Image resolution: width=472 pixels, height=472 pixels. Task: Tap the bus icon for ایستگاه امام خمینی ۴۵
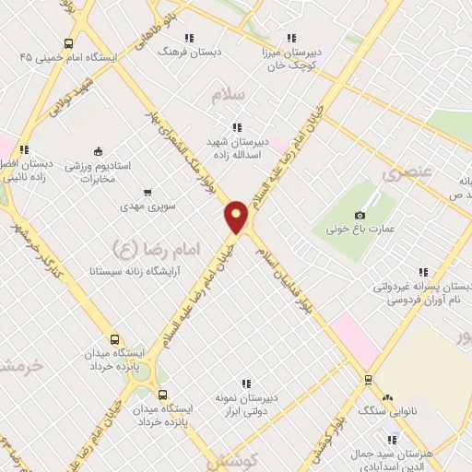[x=69, y=43]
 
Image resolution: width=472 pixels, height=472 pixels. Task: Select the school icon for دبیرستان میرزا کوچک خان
[x=290, y=39]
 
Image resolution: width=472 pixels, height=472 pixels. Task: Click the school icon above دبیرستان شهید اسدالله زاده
[x=237, y=127]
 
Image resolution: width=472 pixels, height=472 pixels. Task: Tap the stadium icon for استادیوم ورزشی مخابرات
[x=99, y=151]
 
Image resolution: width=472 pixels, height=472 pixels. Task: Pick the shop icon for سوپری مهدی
[x=147, y=194]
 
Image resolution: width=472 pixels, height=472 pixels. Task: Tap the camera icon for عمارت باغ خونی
[x=360, y=215]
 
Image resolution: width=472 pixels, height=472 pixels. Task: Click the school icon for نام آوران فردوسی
[x=423, y=272]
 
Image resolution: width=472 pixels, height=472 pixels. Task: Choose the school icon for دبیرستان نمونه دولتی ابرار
[x=246, y=383]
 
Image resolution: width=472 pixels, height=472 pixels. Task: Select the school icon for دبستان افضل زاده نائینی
[x=25, y=148]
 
